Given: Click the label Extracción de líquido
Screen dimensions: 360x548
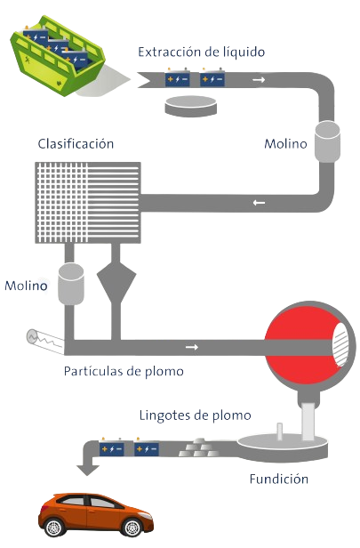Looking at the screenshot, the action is click(202, 52).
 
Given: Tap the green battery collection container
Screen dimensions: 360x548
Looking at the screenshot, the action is click(59, 55).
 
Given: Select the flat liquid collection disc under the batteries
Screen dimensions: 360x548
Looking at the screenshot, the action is click(190, 106).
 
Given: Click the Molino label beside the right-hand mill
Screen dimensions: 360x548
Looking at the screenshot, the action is click(285, 143).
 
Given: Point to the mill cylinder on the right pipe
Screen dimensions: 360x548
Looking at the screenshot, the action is click(327, 141).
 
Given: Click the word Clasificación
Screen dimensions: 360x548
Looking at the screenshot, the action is click(76, 143).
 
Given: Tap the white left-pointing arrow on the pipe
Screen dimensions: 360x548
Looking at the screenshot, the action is click(259, 202).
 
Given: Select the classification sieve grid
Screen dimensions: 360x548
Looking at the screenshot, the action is click(88, 202).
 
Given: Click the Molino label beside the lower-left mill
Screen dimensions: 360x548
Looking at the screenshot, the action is click(26, 286).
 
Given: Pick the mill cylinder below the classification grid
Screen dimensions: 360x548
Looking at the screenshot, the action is click(71, 284).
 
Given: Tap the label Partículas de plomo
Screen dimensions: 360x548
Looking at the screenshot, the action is click(124, 371).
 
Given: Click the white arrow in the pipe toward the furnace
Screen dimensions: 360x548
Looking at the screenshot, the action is click(192, 347).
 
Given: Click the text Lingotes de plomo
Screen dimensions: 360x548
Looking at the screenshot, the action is click(196, 415).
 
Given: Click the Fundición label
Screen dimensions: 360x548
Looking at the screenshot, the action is click(278, 479).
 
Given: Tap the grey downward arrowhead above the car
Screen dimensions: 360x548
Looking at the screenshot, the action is click(88, 470).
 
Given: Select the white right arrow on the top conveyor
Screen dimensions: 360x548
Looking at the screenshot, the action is click(259, 80).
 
